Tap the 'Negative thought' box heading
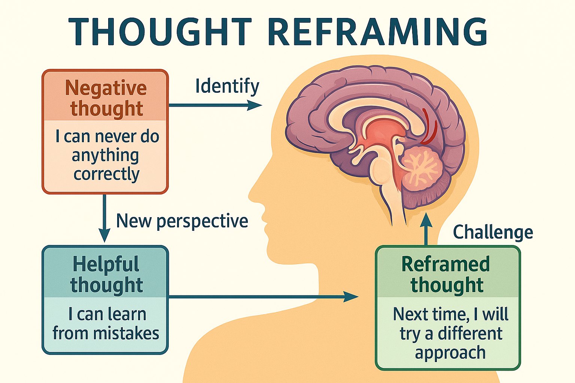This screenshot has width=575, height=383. click(106, 98)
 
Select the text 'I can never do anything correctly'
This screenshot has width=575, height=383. click(107, 155)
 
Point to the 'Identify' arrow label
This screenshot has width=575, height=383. click(227, 86)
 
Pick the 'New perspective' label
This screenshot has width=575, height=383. click(182, 221)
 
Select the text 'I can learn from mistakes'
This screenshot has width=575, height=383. click(106, 324)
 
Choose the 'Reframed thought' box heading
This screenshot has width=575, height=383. click(446, 274)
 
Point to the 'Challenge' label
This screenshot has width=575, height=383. click(493, 232)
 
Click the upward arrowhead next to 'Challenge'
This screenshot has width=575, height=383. click(426, 221)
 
